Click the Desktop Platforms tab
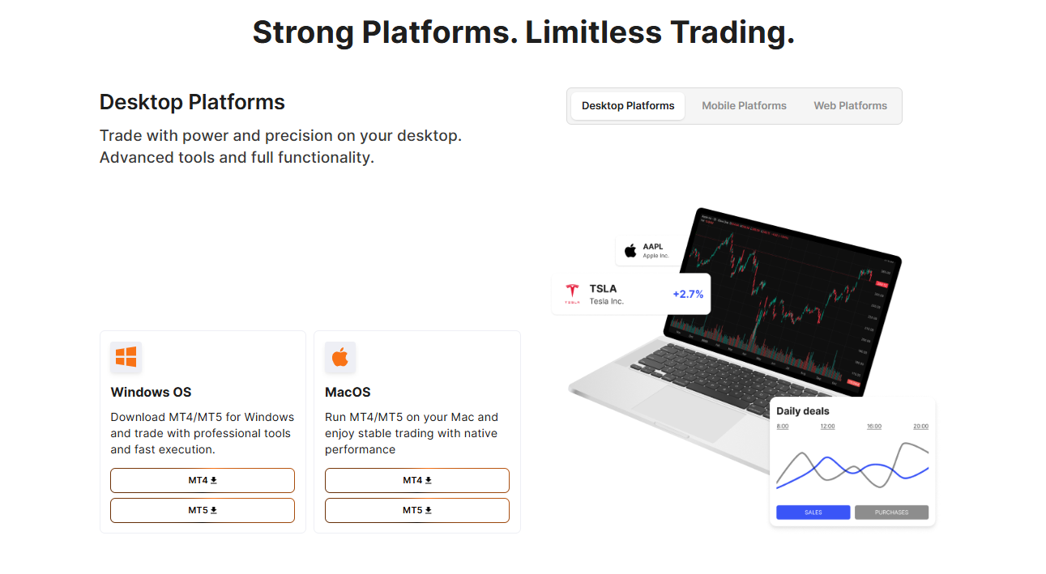click(x=628, y=106)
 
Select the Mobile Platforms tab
click(x=744, y=106)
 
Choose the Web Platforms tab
click(x=850, y=106)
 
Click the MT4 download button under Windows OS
click(x=203, y=480)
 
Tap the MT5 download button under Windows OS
click(x=203, y=510)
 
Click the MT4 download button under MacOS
click(x=416, y=480)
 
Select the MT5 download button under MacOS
click(x=416, y=510)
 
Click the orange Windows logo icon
click(x=126, y=357)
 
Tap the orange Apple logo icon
click(x=340, y=357)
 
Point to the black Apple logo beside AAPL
click(x=630, y=250)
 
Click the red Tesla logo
click(x=572, y=293)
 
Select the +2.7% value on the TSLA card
click(x=688, y=294)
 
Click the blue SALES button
click(x=813, y=512)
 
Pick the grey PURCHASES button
click(x=891, y=512)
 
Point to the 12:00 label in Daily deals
click(x=827, y=427)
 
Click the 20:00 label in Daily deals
click(x=920, y=427)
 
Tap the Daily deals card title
click(x=803, y=411)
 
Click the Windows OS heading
click(x=151, y=393)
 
